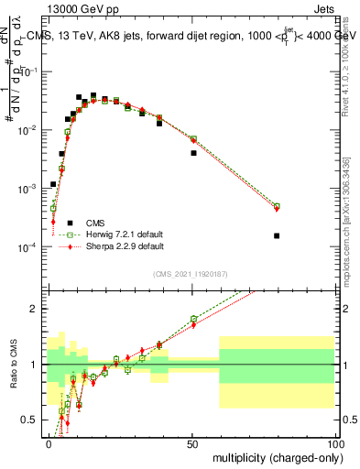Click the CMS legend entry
(x=94, y=223)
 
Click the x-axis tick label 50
(x=192, y=442)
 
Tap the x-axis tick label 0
(x=49, y=442)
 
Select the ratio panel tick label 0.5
(x=33, y=420)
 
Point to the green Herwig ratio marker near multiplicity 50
(x=193, y=319)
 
